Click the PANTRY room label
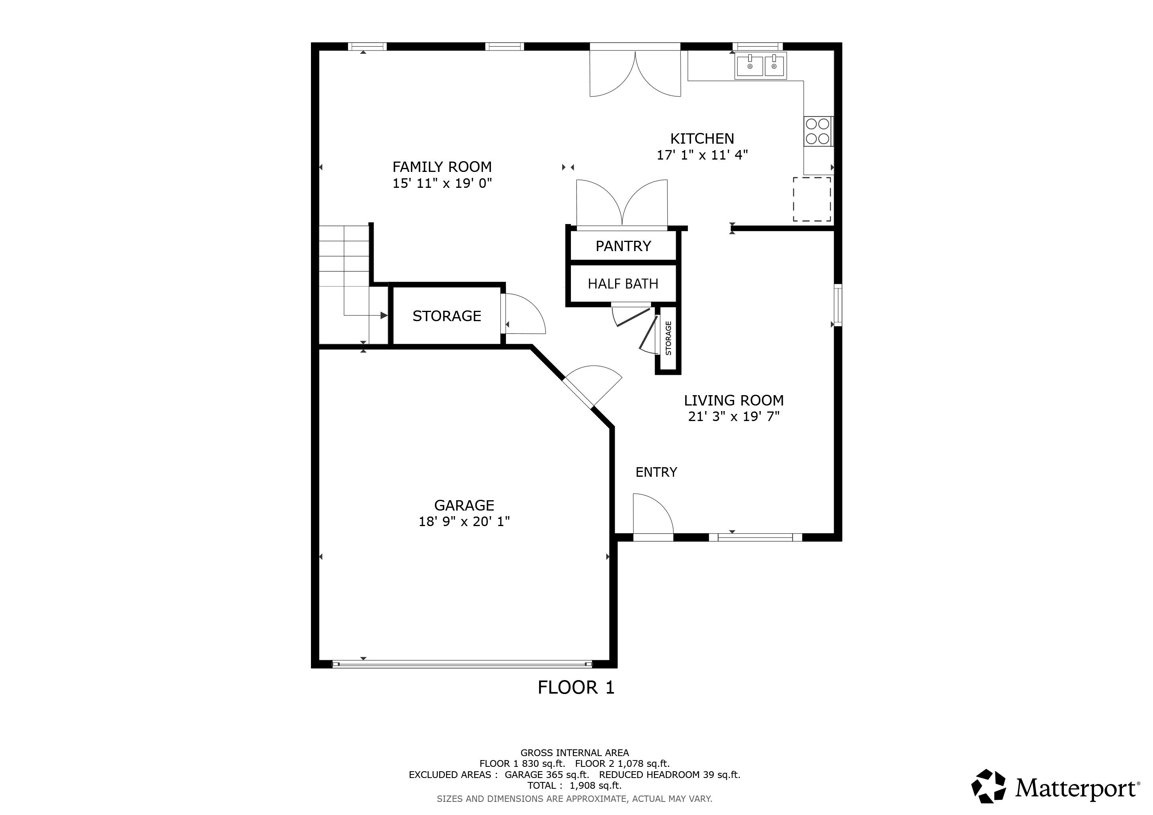coord(623,246)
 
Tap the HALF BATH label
coord(623,284)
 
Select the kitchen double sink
coord(761,66)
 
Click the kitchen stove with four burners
coord(818,131)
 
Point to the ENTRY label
coord(657,472)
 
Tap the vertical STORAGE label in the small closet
coord(668,338)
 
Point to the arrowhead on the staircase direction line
coord(384,316)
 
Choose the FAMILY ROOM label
coord(442,167)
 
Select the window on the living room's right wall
coord(838,305)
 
